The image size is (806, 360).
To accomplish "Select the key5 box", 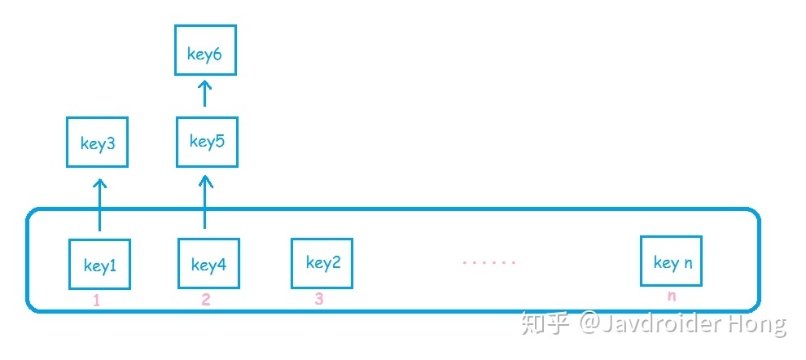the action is [207, 142].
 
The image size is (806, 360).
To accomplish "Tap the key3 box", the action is [98, 144].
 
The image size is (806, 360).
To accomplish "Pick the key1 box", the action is [99, 265].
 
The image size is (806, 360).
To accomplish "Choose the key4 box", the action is [208, 264].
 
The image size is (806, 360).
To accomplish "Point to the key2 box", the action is [322, 262].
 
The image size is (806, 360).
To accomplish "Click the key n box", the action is [672, 261].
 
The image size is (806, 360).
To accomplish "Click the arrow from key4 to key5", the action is [204, 201].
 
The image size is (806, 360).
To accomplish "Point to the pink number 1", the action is [96, 301].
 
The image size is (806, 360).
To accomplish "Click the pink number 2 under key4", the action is [206, 300].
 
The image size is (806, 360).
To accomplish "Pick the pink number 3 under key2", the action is [318, 299].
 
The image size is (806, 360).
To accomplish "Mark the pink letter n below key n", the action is [672, 296].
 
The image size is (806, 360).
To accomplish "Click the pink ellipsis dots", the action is [489, 263].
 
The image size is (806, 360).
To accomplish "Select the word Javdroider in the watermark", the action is [659, 324].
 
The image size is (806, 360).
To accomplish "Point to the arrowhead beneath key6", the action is [205, 84].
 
